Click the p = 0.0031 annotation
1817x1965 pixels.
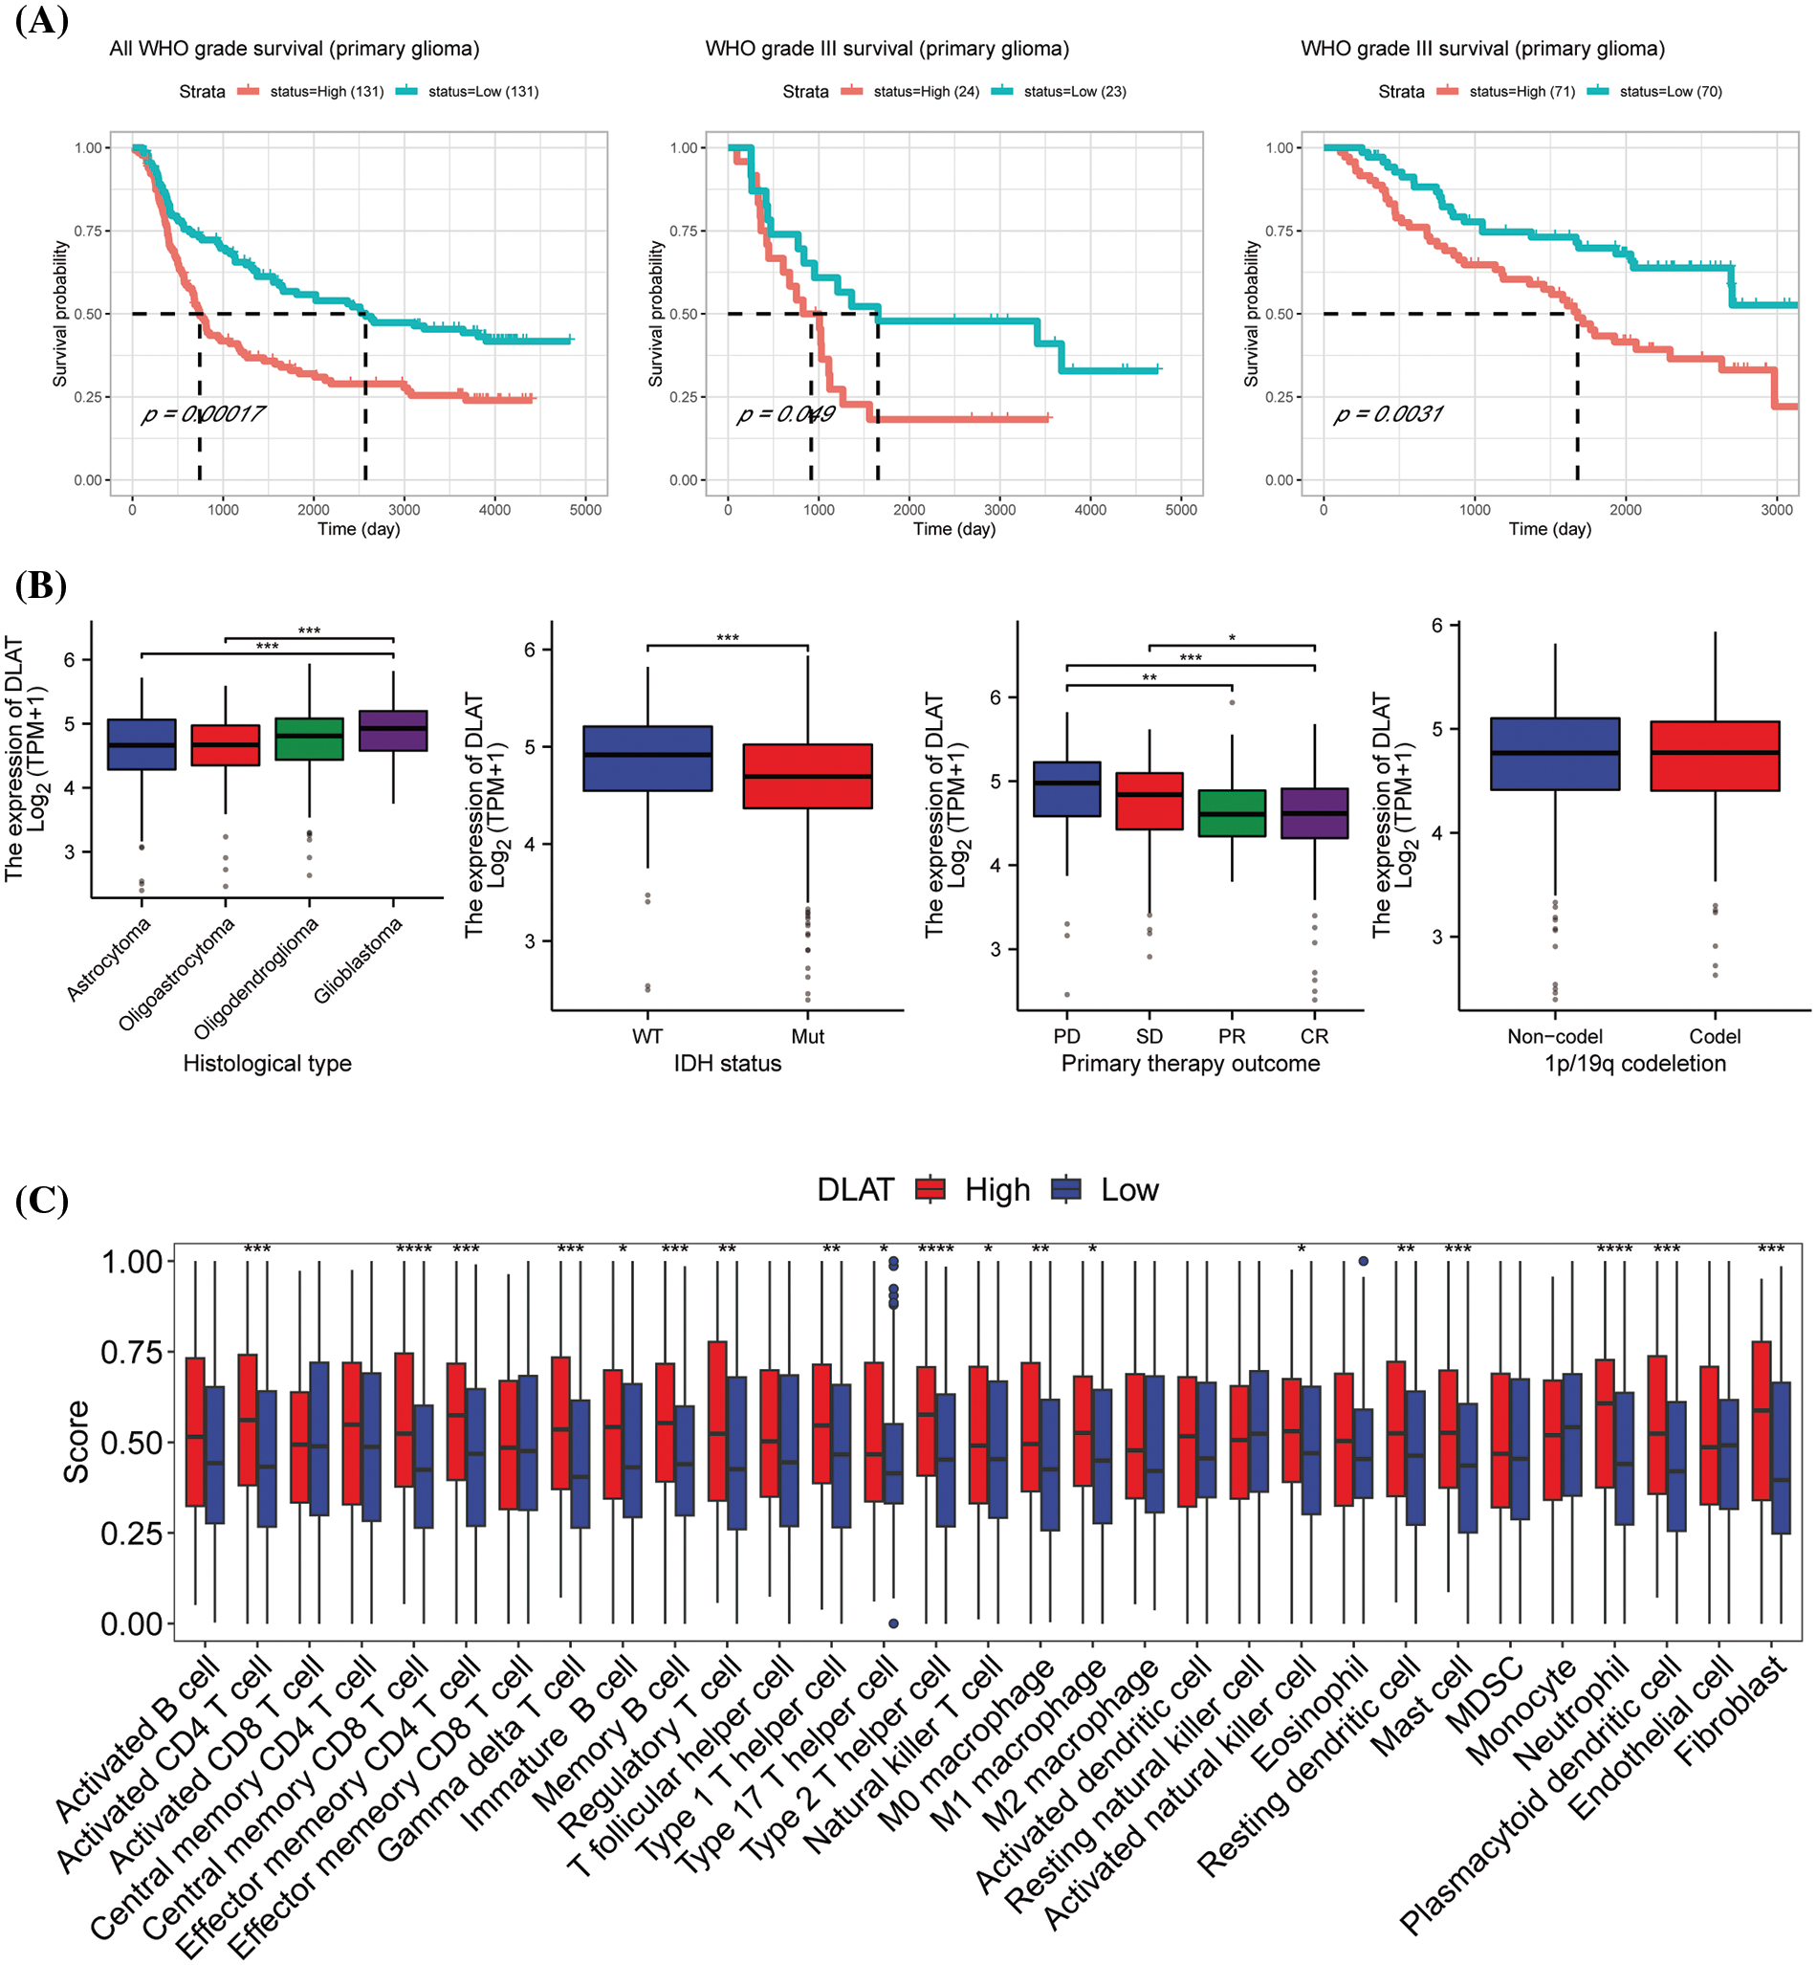pos(1388,414)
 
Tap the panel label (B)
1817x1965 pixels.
pos(41,585)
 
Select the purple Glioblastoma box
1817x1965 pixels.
pos(393,731)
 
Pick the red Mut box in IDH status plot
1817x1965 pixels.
pos(807,776)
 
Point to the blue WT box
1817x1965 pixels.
pos(648,759)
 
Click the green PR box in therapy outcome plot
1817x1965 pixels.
pos(1232,813)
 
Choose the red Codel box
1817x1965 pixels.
pos(1715,756)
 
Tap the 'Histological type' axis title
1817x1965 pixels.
pos(268,1063)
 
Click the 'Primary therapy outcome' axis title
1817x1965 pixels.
pos(1190,1063)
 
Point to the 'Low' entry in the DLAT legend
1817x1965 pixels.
pos(1128,1190)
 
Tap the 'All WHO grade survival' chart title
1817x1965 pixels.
pos(294,48)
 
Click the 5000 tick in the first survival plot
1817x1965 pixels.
pos(585,510)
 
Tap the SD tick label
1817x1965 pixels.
pos(1149,1036)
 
